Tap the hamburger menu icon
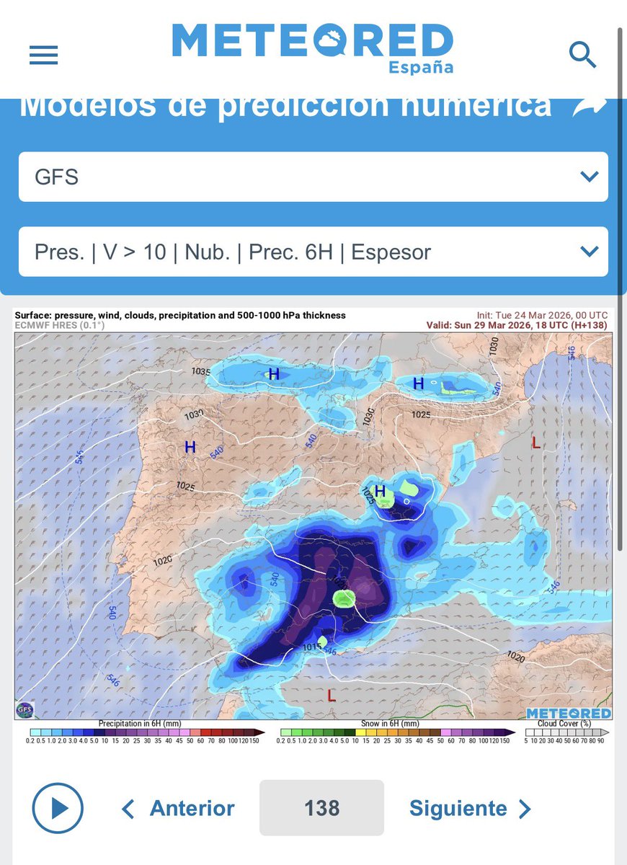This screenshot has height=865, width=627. tap(43, 55)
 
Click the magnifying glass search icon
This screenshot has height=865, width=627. tap(582, 54)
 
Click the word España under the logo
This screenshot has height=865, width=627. tap(421, 67)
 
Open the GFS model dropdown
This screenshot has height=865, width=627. tap(313, 177)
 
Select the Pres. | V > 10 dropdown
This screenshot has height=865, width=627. tap(313, 252)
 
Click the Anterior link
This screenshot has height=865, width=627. tap(179, 808)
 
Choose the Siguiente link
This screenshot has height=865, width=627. tap(470, 808)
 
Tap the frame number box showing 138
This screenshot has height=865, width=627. tap(321, 808)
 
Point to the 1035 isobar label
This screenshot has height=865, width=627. tap(200, 372)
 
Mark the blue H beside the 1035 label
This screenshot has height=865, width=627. tap(274, 374)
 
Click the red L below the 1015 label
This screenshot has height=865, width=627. tap(331, 696)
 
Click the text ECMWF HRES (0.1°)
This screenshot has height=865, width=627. tap(60, 325)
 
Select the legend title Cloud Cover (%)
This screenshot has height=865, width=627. tap(565, 723)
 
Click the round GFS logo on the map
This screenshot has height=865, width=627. tap(24, 709)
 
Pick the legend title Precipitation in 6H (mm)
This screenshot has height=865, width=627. tap(140, 723)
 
